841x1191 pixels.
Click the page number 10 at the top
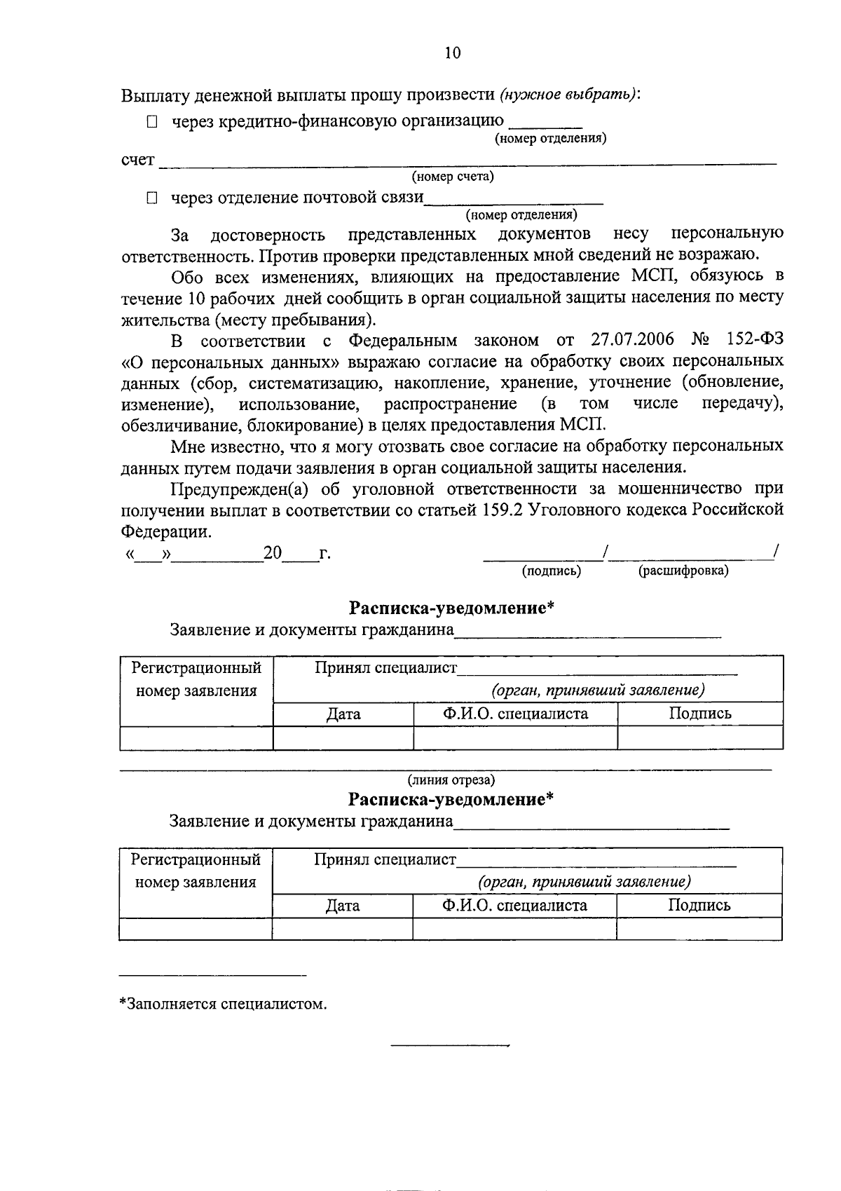click(x=453, y=53)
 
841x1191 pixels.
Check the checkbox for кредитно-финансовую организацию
click(x=152, y=122)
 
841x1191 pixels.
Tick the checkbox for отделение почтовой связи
click(x=152, y=198)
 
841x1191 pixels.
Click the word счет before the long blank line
click(x=137, y=160)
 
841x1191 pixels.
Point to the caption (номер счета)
click(x=453, y=177)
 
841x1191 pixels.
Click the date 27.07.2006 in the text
click(x=633, y=340)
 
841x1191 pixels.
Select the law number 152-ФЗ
click(x=754, y=340)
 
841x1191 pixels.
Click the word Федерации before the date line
click(x=165, y=531)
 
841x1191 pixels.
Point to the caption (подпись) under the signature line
click(x=552, y=571)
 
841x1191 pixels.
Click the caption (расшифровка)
click(x=683, y=571)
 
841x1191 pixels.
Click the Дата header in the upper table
click(x=343, y=714)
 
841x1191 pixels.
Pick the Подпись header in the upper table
click(x=699, y=714)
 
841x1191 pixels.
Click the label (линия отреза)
click(x=452, y=780)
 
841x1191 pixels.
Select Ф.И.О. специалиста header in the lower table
click(x=514, y=905)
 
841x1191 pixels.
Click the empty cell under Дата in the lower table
click(x=343, y=929)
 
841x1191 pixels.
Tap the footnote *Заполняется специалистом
click(x=223, y=1004)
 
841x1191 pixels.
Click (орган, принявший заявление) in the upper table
click(x=597, y=690)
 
